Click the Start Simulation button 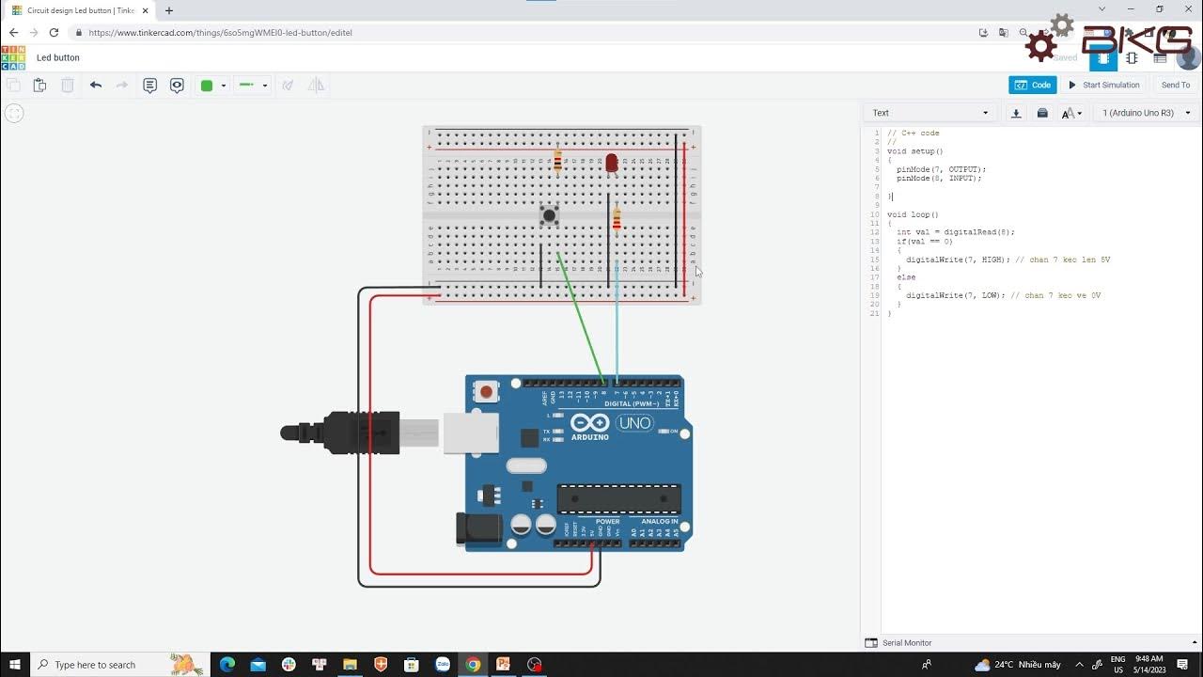click(x=1103, y=85)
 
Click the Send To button click(x=1175, y=85)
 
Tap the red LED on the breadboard click(x=612, y=163)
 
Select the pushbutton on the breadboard click(x=549, y=215)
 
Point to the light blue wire click(x=617, y=329)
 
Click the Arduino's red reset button click(x=486, y=391)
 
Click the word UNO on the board click(x=634, y=423)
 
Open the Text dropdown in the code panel click(x=930, y=113)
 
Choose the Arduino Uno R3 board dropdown click(x=1146, y=113)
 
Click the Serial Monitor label click(x=906, y=643)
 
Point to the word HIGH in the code click(x=992, y=260)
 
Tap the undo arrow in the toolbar click(x=96, y=85)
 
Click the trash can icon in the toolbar click(x=68, y=86)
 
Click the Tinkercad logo click(x=13, y=57)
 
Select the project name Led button click(x=58, y=57)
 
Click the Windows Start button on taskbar click(x=15, y=665)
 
